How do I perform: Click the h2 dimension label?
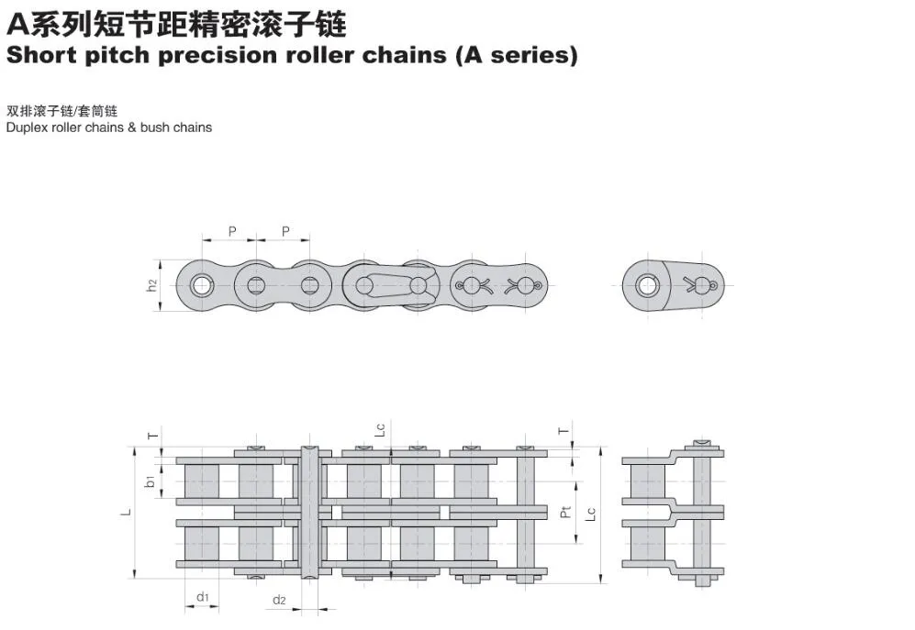pos(153,285)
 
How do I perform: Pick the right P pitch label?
pos(285,231)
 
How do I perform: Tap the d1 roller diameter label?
pos(202,597)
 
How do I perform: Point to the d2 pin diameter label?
pos(279,601)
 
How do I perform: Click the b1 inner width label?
pos(150,480)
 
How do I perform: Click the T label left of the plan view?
pos(152,435)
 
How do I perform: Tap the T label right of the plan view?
pos(564,430)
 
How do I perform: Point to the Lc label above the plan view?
pos(379,429)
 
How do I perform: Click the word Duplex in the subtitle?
pos(25,127)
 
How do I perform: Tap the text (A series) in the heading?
pos(517,55)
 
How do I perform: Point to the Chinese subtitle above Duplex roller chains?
pos(61,110)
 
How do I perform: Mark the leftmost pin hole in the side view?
pos(200,285)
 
